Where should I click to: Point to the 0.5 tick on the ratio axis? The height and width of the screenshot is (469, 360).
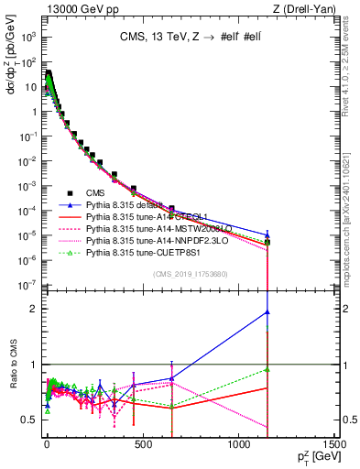pos(30,420)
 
